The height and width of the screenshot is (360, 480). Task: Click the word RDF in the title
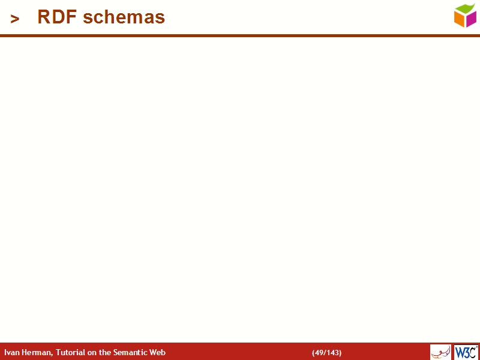click(x=58, y=17)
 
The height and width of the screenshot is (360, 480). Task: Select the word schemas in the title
click(x=124, y=17)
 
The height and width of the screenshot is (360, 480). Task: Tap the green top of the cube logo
click(x=465, y=8)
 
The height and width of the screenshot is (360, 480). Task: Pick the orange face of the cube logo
click(x=460, y=19)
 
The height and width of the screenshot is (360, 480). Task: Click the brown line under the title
click(x=240, y=36)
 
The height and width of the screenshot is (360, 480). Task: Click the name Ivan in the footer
click(x=11, y=353)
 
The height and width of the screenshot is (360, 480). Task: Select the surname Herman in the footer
click(x=35, y=353)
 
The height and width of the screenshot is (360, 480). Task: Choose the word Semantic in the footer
click(x=131, y=353)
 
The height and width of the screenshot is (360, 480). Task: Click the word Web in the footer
click(x=158, y=353)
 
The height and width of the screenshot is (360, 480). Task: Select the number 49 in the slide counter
click(x=319, y=353)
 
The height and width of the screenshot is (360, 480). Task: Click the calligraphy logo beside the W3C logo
click(x=440, y=352)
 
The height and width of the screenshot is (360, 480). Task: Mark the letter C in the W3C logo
click(x=473, y=352)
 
